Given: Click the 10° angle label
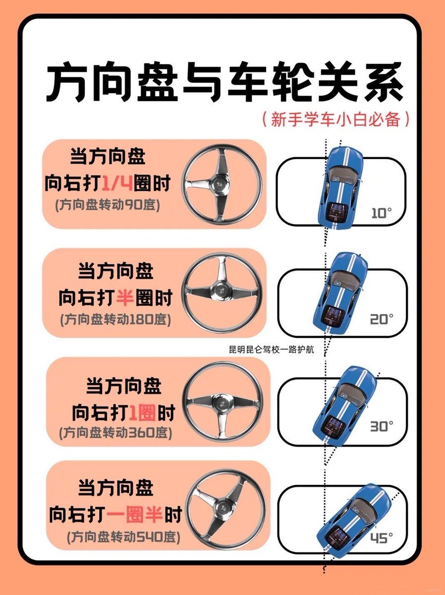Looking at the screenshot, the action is click(382, 213).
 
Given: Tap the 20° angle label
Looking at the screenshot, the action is click(382, 319).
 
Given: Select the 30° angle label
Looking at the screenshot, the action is click(382, 426).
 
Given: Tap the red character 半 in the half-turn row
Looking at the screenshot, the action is click(125, 297).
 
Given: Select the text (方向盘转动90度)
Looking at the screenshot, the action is click(108, 205).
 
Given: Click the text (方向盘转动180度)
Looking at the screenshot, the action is click(115, 320).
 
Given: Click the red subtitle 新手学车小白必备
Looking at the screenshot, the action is click(335, 119).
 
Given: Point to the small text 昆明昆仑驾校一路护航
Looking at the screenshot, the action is click(272, 350).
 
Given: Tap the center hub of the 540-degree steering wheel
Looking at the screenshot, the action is click(224, 507).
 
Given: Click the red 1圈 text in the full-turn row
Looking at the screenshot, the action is click(142, 413).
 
